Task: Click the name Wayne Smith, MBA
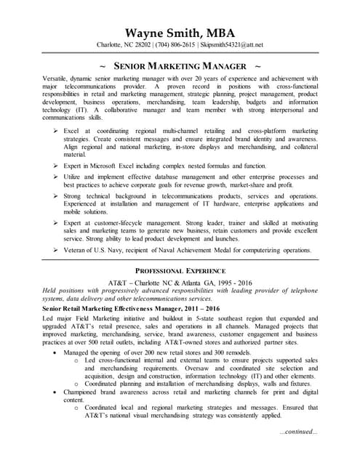180,33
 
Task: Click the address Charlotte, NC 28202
123,45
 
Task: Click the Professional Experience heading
180,270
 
